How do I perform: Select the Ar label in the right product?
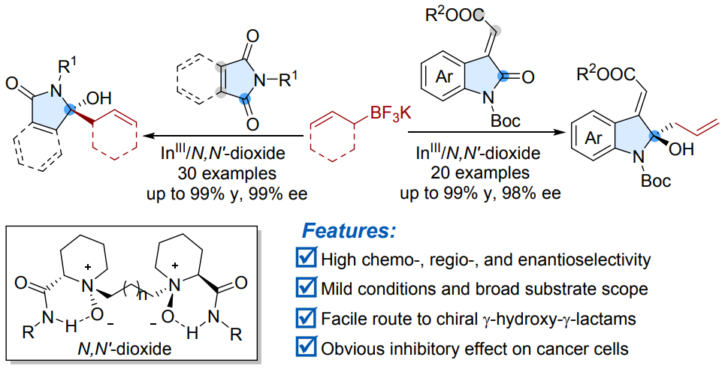pyautogui.click(x=585, y=139)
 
